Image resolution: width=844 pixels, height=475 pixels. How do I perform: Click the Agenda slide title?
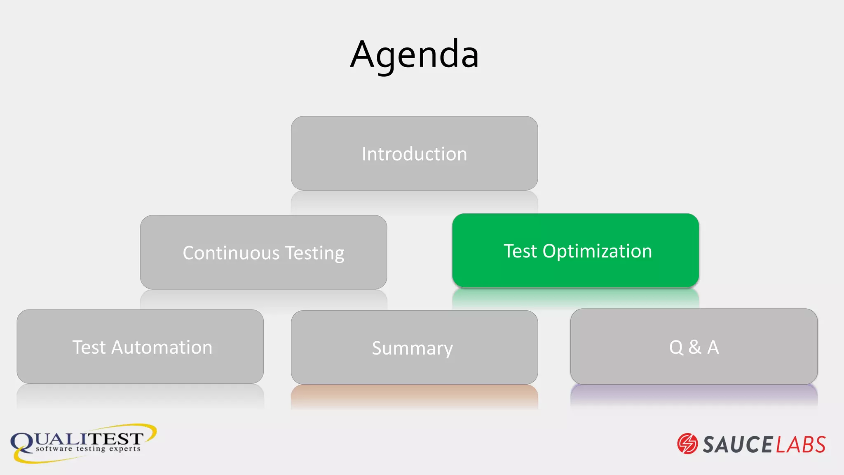pyautogui.click(x=414, y=54)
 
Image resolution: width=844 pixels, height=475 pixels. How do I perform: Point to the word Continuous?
pyautogui.click(x=231, y=253)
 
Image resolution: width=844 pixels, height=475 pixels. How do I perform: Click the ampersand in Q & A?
pyautogui.click(x=695, y=347)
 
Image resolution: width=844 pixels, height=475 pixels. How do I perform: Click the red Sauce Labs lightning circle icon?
pyautogui.click(x=687, y=444)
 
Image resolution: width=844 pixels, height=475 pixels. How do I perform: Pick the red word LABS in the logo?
pyautogui.click(x=801, y=444)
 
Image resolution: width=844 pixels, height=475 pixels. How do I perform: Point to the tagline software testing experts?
pyautogui.click(x=88, y=449)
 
